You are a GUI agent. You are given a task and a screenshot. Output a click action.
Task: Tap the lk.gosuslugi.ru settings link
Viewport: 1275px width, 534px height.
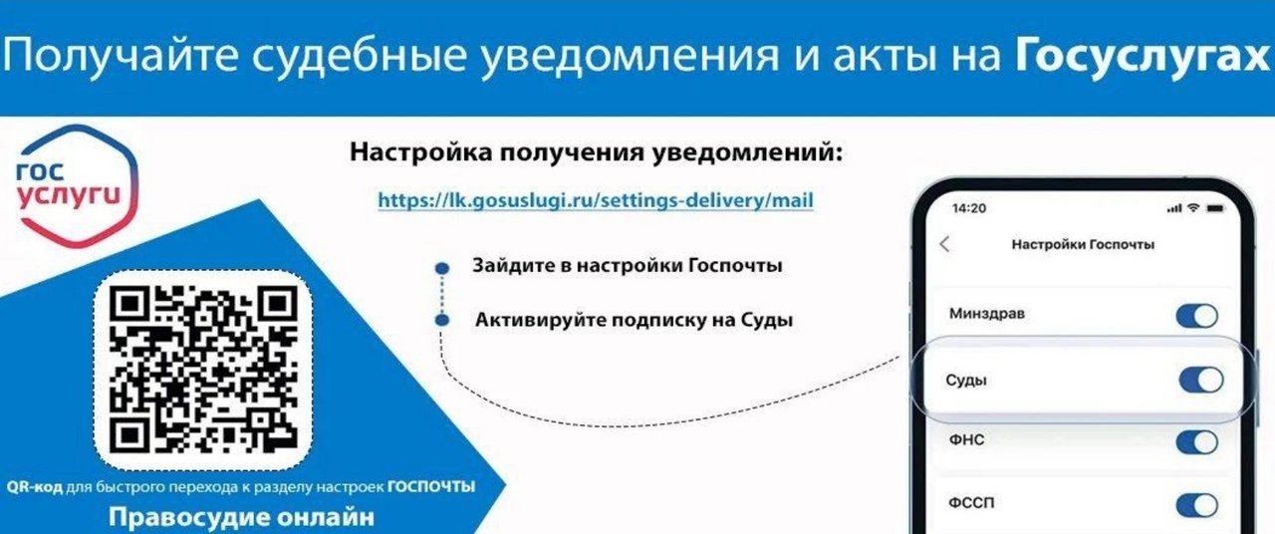[x=596, y=200]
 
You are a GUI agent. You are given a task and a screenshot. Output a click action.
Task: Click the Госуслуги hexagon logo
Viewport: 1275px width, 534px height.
[x=77, y=186]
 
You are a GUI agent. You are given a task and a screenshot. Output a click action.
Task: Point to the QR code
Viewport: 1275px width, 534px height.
[x=203, y=370]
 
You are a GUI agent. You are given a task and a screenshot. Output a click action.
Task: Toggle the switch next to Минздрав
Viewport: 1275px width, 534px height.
[x=1197, y=316]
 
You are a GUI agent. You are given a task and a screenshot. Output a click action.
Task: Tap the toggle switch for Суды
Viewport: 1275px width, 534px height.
[x=1201, y=381]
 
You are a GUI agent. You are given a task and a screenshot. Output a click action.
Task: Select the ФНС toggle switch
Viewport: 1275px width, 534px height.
[x=1197, y=442]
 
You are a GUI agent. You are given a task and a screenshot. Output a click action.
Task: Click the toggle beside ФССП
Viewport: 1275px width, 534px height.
[x=1197, y=505]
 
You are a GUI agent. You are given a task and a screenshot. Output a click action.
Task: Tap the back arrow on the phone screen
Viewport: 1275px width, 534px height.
[x=944, y=244]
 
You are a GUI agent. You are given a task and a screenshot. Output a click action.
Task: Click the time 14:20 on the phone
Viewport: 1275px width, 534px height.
[x=969, y=208]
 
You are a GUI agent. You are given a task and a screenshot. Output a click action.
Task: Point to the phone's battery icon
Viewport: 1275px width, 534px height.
[x=1215, y=209]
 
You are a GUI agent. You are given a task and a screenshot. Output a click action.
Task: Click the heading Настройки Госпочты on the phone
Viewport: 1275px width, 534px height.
[x=1083, y=245]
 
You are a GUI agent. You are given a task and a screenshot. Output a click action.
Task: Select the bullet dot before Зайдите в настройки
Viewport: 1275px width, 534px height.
[x=442, y=268]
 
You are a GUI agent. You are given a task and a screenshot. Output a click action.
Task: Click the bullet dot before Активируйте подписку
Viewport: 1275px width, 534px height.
[x=442, y=320]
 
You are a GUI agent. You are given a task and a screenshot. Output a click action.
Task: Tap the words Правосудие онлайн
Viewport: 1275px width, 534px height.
[x=241, y=517]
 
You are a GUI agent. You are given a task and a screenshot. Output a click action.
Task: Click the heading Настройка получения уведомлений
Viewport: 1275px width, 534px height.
[x=596, y=152]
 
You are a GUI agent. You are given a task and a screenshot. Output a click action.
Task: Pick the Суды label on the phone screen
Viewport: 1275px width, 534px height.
[x=966, y=381]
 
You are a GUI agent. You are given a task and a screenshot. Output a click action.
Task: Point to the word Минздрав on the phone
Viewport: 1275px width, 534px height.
[x=987, y=314]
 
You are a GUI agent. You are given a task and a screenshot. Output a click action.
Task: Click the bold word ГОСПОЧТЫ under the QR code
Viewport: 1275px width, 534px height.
[x=431, y=487]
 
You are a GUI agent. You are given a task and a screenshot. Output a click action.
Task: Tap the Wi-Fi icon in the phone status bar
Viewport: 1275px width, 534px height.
[x=1193, y=208]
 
